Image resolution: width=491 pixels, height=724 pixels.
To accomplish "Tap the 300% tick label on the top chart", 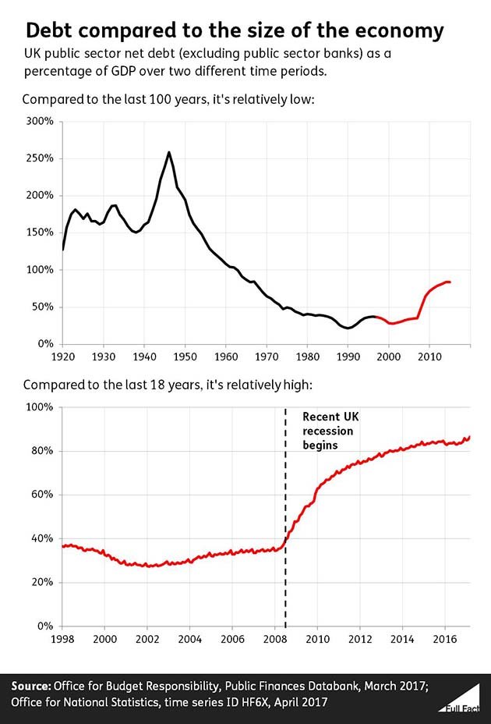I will [x=38, y=122].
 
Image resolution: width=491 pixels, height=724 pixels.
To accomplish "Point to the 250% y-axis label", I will [x=38, y=158].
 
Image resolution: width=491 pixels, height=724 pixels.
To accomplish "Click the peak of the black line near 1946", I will [x=169, y=152].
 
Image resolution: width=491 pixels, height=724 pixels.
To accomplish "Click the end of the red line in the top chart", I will [x=450, y=282].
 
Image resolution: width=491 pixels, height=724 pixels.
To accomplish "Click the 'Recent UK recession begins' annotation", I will [x=328, y=431].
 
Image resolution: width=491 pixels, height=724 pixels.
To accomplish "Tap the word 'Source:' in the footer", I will [x=30, y=686].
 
